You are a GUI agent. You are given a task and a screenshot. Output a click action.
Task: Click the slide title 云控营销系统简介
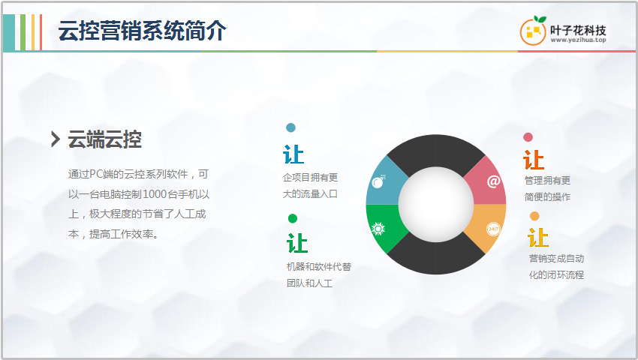(142, 31)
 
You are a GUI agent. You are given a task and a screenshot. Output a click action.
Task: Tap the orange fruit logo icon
(533, 31)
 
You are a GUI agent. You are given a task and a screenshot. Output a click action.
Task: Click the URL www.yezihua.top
(578, 40)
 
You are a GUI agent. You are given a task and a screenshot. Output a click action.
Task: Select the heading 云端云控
(104, 139)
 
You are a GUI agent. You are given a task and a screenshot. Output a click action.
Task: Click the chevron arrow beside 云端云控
(56, 139)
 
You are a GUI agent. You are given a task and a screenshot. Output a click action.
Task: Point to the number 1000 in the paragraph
(154, 194)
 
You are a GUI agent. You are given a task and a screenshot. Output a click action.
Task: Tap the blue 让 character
(293, 154)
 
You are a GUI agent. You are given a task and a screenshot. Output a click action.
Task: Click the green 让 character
(297, 243)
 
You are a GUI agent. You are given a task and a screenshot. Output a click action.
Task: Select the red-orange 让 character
(534, 160)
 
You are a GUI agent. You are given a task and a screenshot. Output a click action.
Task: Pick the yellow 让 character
(538, 238)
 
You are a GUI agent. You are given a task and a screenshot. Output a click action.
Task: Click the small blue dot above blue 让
(290, 127)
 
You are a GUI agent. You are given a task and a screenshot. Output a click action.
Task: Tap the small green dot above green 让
(293, 218)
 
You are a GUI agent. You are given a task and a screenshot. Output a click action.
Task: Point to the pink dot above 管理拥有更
(528, 137)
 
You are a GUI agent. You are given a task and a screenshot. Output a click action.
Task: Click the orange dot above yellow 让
(534, 216)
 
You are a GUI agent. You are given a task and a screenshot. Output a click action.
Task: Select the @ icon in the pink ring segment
(493, 181)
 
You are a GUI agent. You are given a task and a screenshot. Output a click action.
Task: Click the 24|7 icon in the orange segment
(493, 229)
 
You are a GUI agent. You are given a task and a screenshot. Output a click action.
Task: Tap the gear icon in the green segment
(378, 229)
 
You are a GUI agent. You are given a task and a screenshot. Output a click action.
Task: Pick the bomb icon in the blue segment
(378, 181)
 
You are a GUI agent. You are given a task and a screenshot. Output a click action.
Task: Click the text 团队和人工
(310, 283)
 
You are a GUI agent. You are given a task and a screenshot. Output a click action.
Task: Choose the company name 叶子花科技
(578, 30)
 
